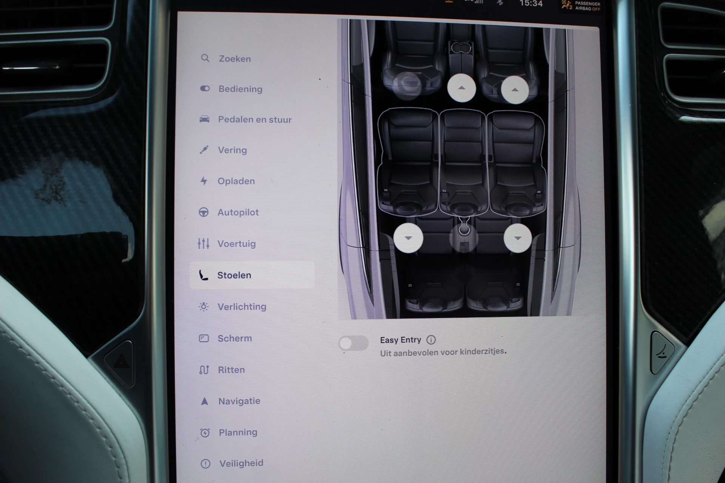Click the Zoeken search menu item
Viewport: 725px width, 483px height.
[234, 59]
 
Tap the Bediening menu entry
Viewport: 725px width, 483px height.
[240, 89]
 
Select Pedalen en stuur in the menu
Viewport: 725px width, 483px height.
[255, 120]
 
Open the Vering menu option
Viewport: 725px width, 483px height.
[232, 150]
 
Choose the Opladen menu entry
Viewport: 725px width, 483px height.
[236, 181]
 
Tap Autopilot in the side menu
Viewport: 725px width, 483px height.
[238, 212]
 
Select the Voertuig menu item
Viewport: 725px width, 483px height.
[236, 244]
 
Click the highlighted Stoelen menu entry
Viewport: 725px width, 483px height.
[234, 275]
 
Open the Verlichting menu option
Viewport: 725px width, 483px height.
[242, 307]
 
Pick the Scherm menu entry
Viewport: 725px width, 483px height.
[234, 338]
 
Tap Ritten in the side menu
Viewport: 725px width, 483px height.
[231, 370]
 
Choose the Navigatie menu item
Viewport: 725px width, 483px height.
[239, 401]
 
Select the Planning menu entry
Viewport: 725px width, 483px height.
[238, 432]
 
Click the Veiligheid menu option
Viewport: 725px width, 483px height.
[241, 463]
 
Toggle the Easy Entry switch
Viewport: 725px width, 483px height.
[353, 343]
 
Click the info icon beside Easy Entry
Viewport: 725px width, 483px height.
[431, 340]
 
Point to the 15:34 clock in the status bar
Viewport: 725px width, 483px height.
[531, 4]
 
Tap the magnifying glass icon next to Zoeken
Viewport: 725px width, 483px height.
[205, 58]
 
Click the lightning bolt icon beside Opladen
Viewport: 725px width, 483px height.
[204, 181]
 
